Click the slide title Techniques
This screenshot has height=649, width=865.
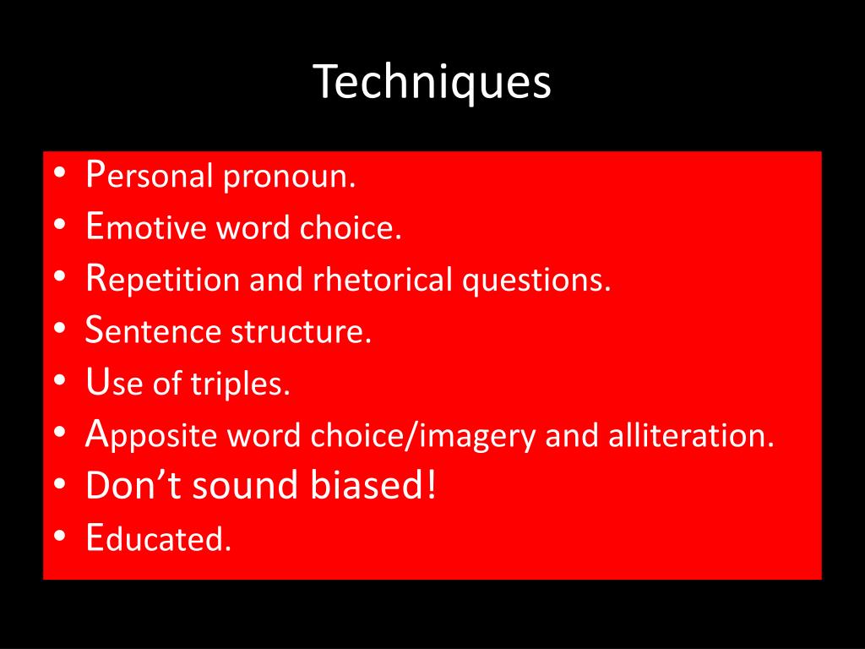click(432, 83)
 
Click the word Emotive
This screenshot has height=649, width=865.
click(148, 228)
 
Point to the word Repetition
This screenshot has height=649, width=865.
click(162, 280)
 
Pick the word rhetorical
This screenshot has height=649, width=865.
click(384, 280)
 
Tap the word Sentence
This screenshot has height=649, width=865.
click(155, 332)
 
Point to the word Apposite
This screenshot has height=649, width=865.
click(152, 436)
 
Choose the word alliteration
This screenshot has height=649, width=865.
click(688, 435)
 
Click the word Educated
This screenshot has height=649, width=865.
click(158, 539)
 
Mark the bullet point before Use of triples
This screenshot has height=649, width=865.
click(62, 384)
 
